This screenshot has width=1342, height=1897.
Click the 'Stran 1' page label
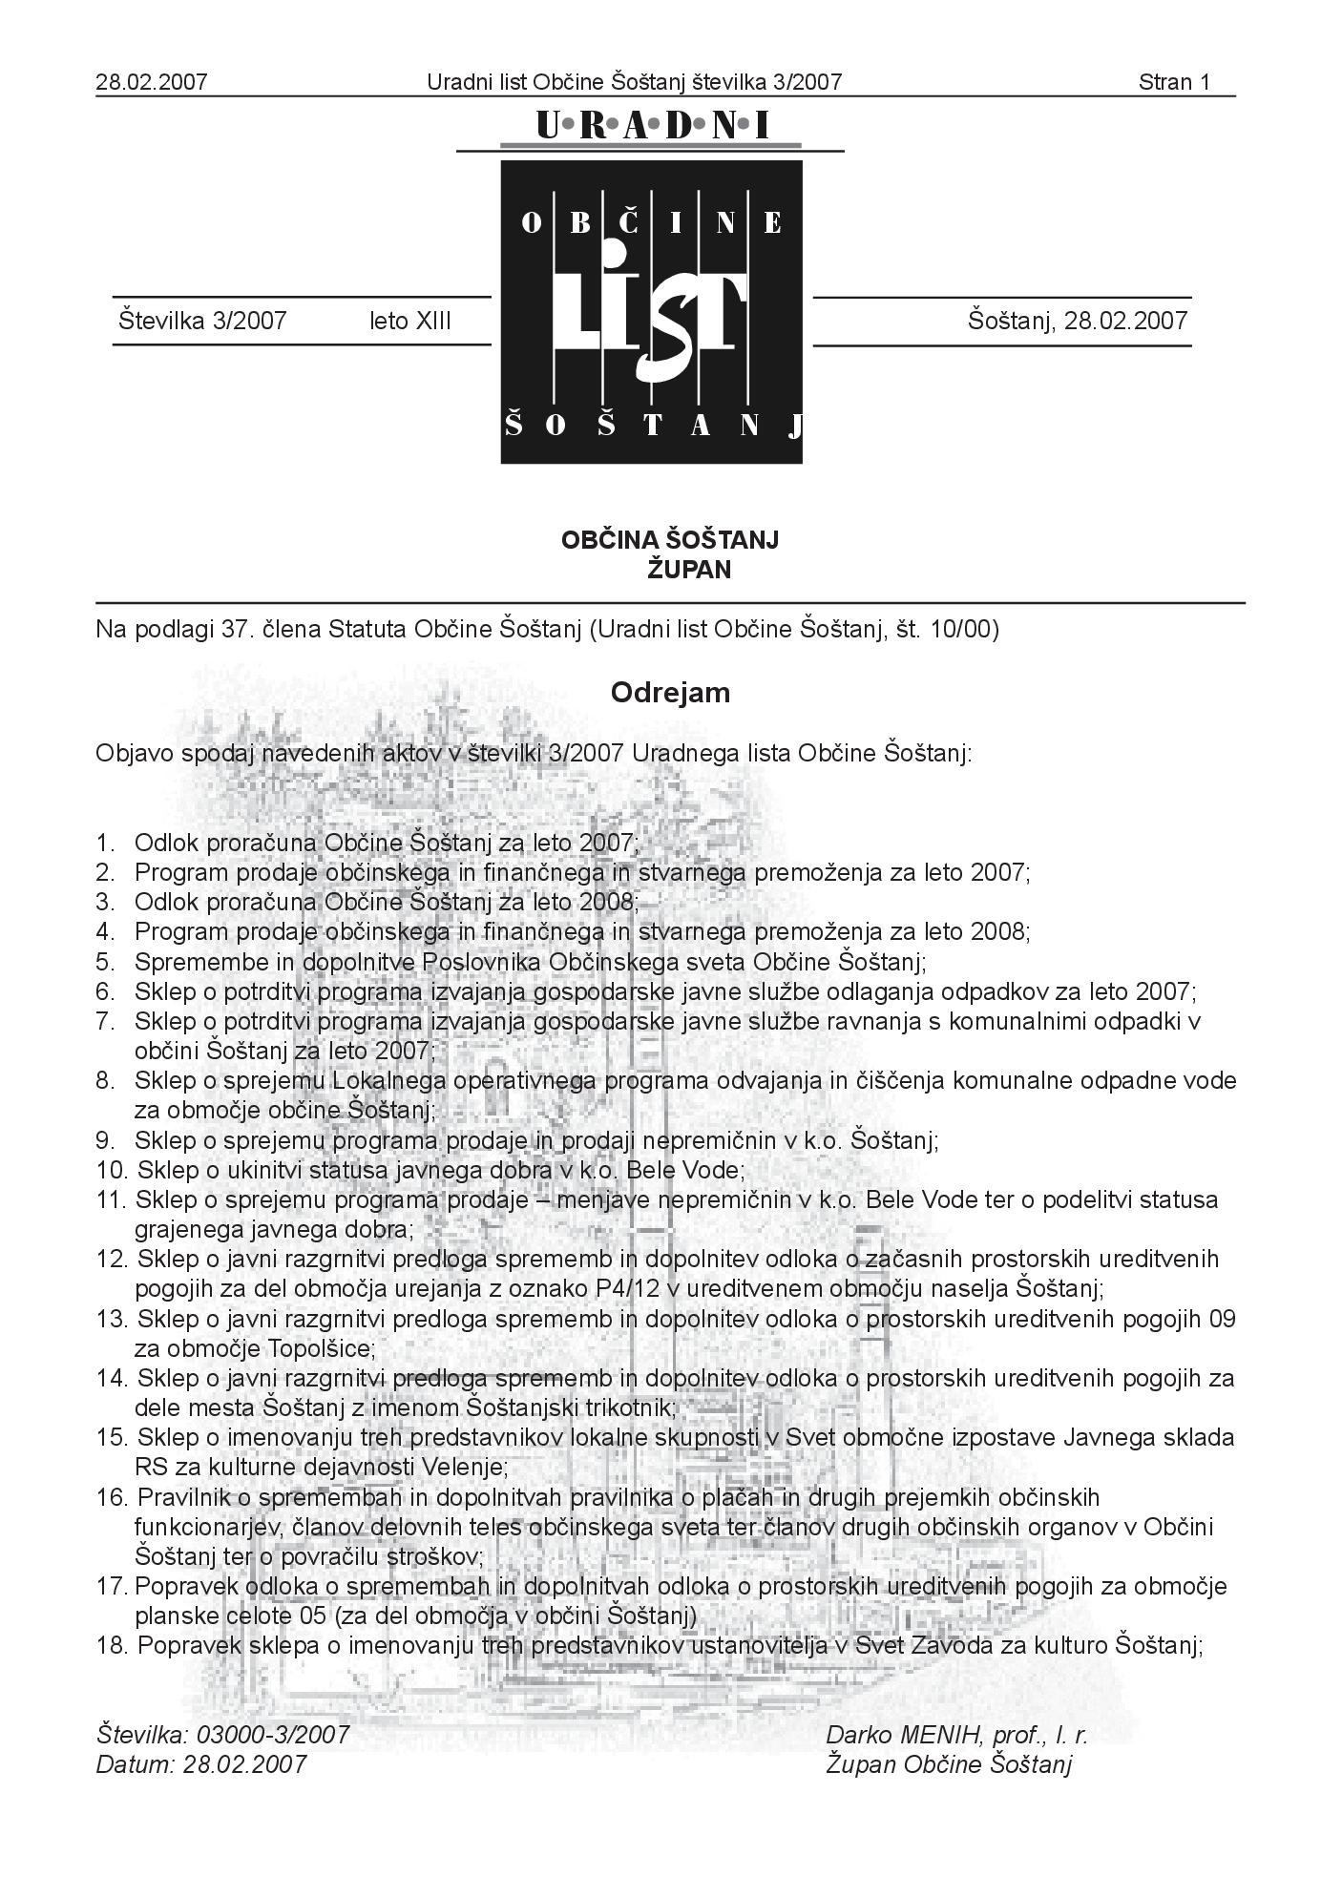click(x=1173, y=82)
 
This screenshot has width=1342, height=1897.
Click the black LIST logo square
click(x=652, y=312)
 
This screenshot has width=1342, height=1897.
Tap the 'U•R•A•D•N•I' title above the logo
click(x=652, y=125)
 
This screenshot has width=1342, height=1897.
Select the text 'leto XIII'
click(x=410, y=321)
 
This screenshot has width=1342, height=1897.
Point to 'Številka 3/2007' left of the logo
click(x=202, y=321)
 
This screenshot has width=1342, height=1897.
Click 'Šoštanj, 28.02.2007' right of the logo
click(x=1078, y=321)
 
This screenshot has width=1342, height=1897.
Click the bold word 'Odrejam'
click(x=670, y=692)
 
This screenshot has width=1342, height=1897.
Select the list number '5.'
click(x=105, y=961)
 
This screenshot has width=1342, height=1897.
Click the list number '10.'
click(x=112, y=1170)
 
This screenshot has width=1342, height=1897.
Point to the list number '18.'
click(x=112, y=1645)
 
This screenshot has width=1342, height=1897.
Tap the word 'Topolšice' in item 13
click(x=321, y=1348)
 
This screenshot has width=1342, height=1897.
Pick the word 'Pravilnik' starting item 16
click(x=181, y=1497)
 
